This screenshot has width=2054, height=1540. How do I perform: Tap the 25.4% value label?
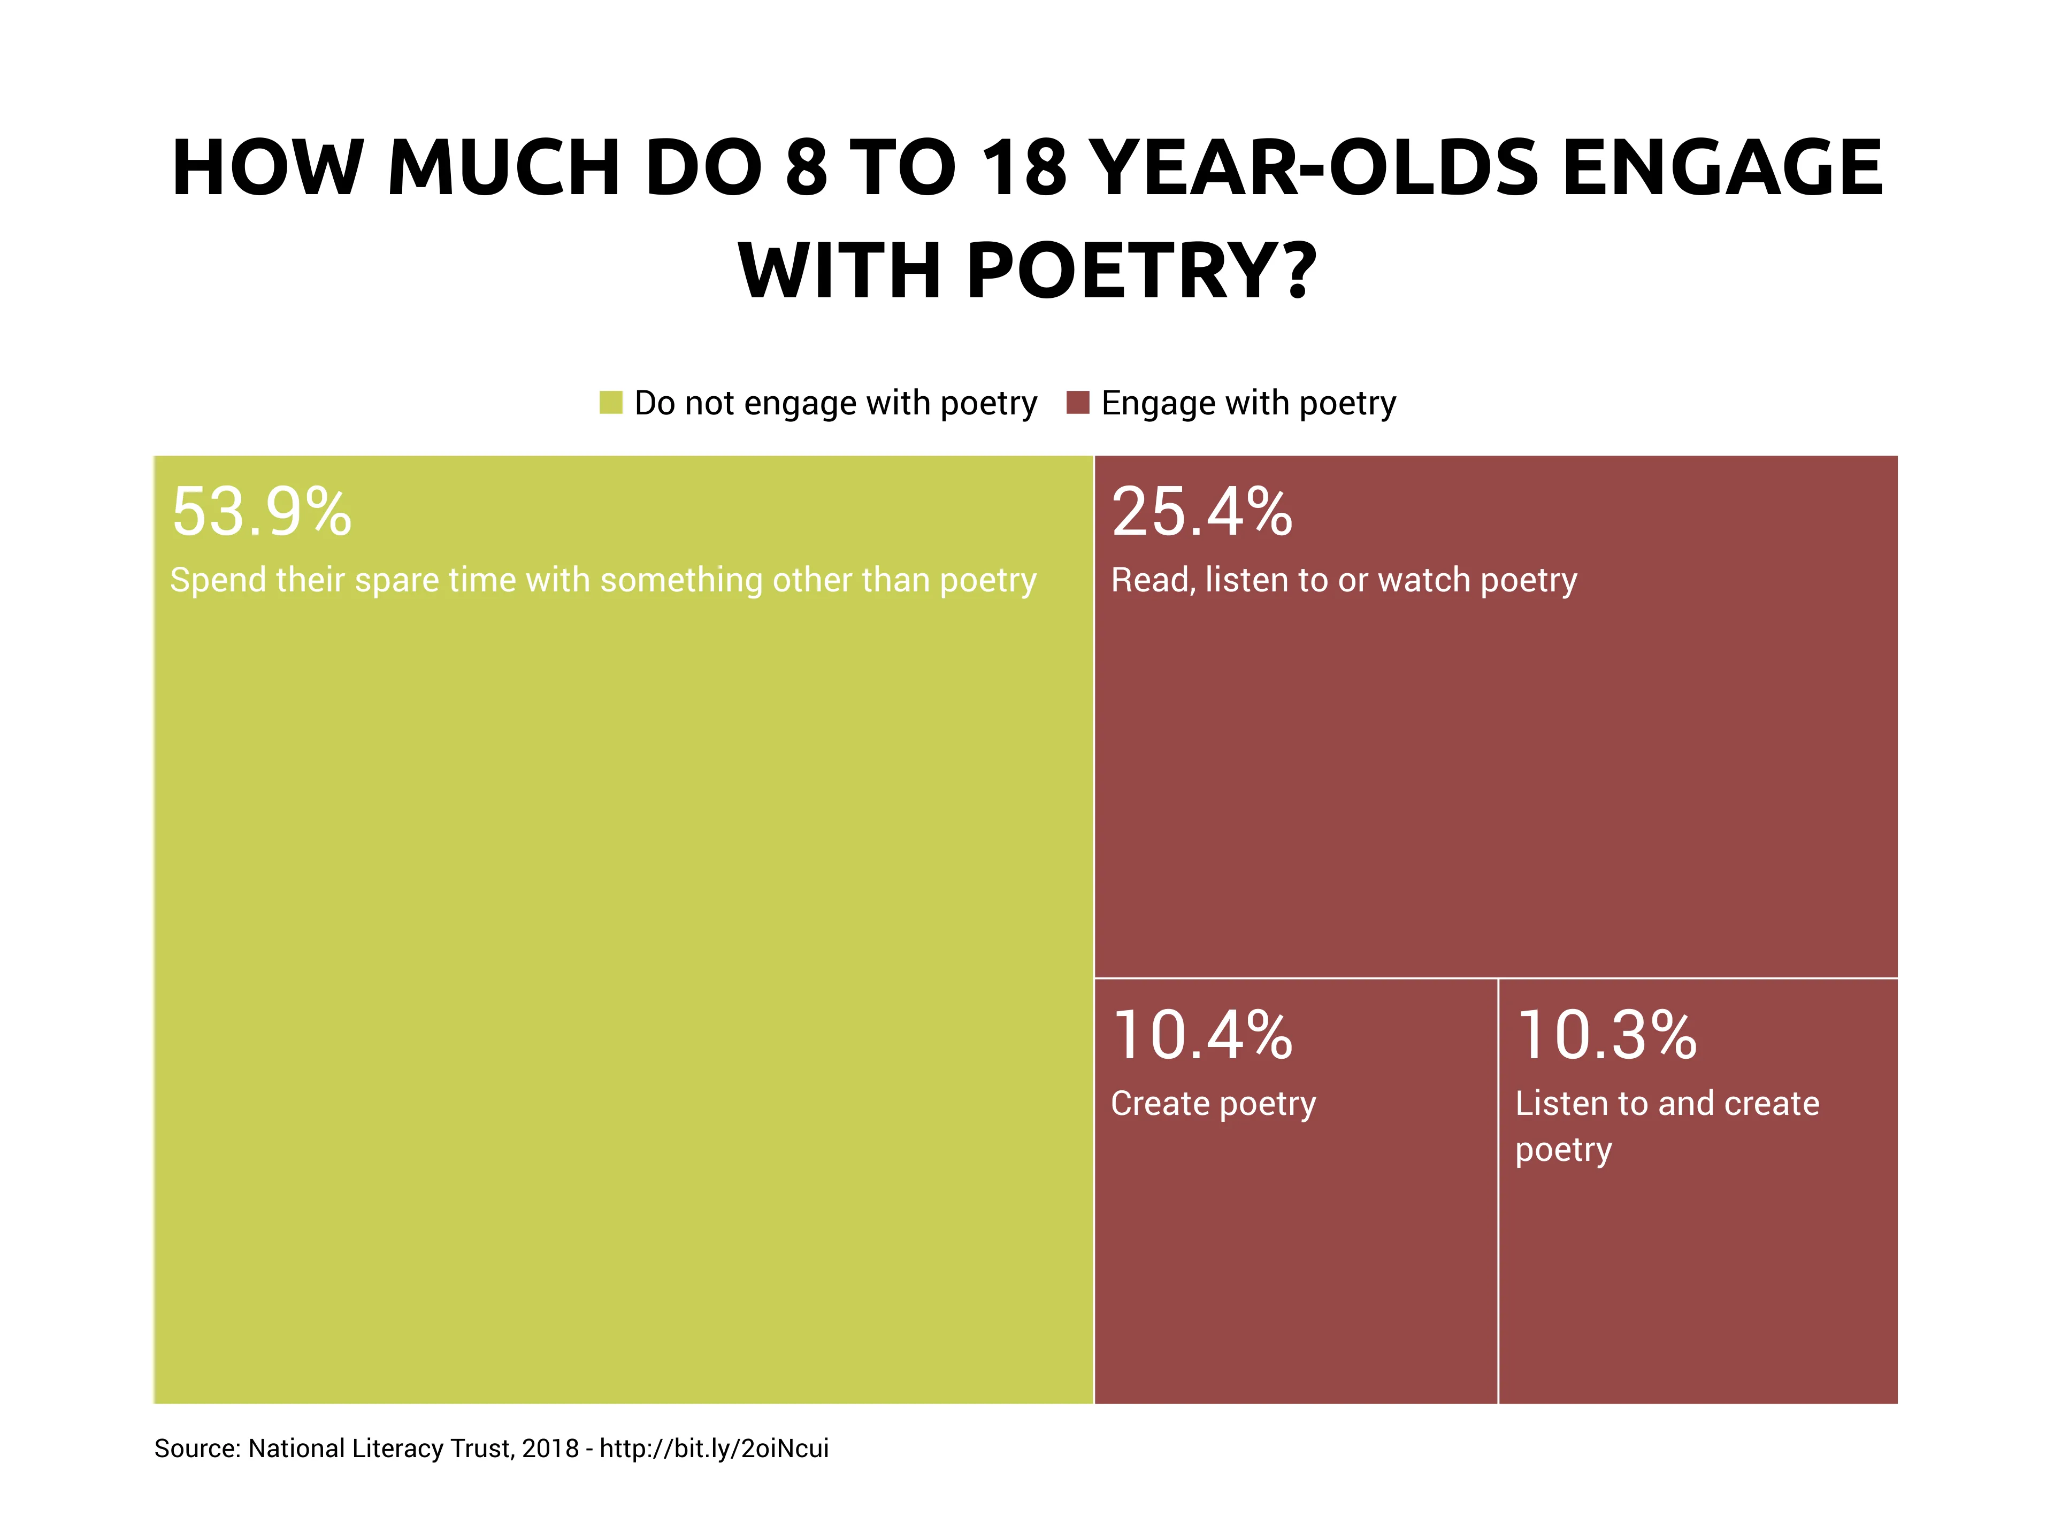coord(1201,512)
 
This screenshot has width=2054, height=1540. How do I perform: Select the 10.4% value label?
coord(1201,1035)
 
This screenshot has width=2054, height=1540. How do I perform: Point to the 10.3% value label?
coord(1606,1035)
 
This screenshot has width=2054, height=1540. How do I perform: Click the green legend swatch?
coord(611,403)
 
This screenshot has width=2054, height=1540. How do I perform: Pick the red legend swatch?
coord(1077,403)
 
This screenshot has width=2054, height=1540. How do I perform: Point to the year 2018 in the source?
coord(550,1449)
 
